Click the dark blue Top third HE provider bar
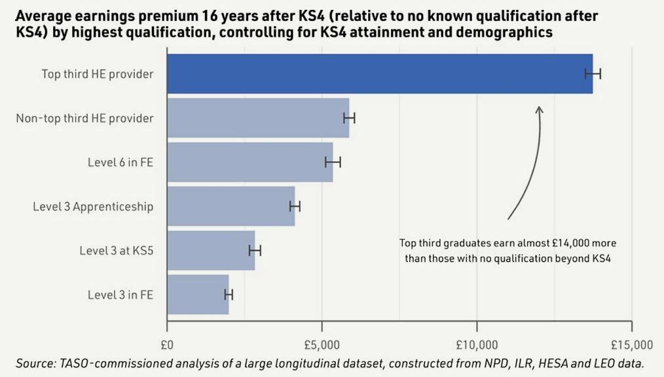tap(380, 74)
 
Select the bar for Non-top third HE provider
tap(258, 118)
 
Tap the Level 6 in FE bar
tap(250, 162)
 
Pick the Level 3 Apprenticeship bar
tap(231, 206)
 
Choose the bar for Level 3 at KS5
tap(211, 250)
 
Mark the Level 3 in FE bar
tap(198, 294)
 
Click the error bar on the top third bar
tap(593, 74)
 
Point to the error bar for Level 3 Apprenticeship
tap(295, 207)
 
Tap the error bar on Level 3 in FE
tap(229, 295)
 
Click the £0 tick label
tap(167, 345)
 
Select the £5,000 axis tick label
tap(322, 345)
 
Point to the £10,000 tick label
tap(477, 345)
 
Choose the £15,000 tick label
tap(632, 345)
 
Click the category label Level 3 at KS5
tap(117, 250)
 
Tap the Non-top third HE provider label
tap(84, 118)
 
